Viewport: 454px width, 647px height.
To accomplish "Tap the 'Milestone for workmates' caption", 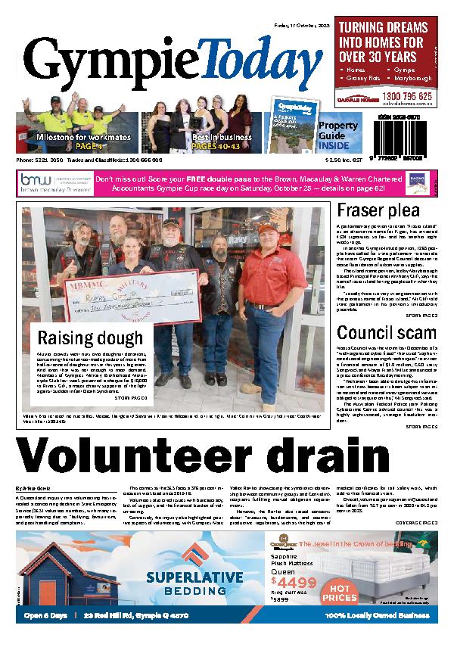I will [83, 138].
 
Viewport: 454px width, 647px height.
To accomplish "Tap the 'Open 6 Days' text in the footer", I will [47, 614].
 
